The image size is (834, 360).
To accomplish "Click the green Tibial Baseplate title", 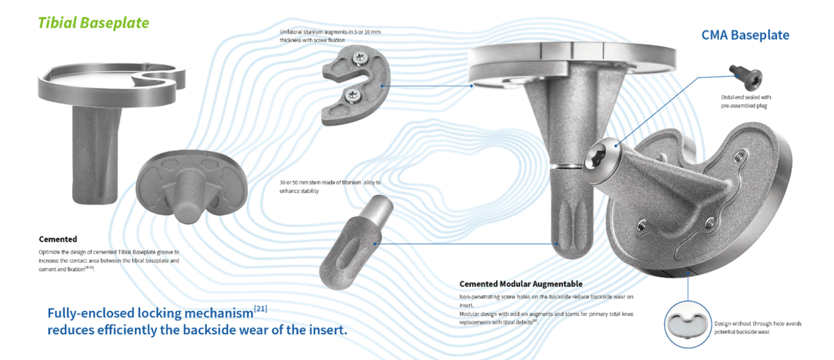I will point(94,23).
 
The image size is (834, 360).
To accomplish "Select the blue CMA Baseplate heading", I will point(745,35).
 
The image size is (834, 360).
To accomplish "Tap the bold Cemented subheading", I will point(58,239).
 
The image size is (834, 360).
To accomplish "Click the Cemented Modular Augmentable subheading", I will point(521,284).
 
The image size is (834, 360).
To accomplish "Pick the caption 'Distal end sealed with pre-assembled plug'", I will point(746,101).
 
